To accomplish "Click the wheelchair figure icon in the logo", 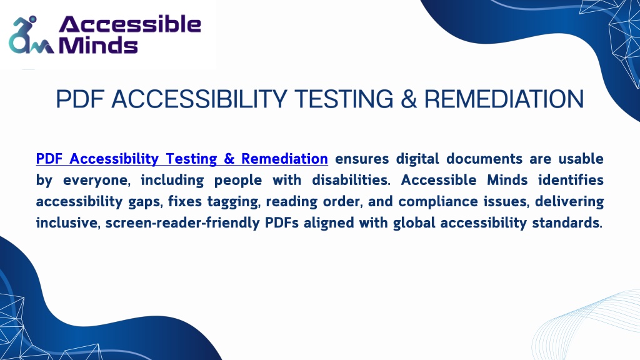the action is click(31, 36).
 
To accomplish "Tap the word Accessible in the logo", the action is click(130, 24).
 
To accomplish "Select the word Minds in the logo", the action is click(98, 45).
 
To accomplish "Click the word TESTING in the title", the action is click(344, 99).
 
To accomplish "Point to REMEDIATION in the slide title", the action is click(504, 99).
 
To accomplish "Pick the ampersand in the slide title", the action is click(409, 99).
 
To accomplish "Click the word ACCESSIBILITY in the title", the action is click(199, 99).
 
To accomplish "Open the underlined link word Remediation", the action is click(284, 158).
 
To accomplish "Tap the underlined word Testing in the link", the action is click(191, 159).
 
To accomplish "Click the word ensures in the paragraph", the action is click(362, 159).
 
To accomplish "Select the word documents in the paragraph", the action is click(484, 158).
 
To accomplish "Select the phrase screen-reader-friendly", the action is click(182, 223).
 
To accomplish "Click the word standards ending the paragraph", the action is click(567, 223).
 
